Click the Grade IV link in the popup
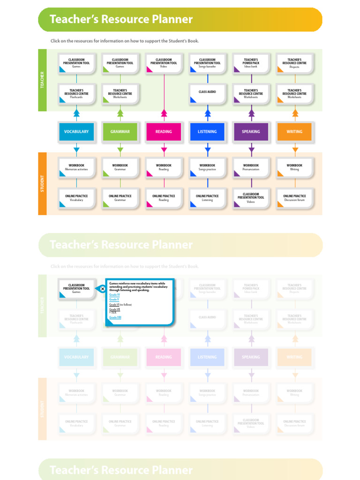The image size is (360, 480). [114, 294]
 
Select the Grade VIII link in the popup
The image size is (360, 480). [115, 317]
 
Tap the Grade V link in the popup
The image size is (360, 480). [114, 299]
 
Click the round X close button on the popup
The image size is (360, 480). [103, 289]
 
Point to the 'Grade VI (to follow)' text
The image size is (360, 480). [120, 305]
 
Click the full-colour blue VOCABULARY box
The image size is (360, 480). [76, 132]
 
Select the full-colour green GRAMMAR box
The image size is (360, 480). [120, 132]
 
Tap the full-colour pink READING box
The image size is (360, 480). [164, 132]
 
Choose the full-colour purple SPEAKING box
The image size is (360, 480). [251, 132]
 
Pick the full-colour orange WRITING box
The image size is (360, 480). [294, 132]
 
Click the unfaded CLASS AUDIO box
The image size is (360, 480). [207, 93]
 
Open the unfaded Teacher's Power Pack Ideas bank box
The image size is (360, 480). [251, 63]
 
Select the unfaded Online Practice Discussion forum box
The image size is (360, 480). [294, 198]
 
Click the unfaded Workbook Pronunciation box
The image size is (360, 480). [251, 167]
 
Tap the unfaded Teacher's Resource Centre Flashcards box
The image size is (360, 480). [76, 93]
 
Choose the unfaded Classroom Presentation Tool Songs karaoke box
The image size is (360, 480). [207, 63]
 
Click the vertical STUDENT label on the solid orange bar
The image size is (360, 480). [42, 183]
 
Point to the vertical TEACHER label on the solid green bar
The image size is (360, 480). [42, 80]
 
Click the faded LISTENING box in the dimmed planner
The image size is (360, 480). [207, 357]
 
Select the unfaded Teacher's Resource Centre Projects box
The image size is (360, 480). [294, 63]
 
